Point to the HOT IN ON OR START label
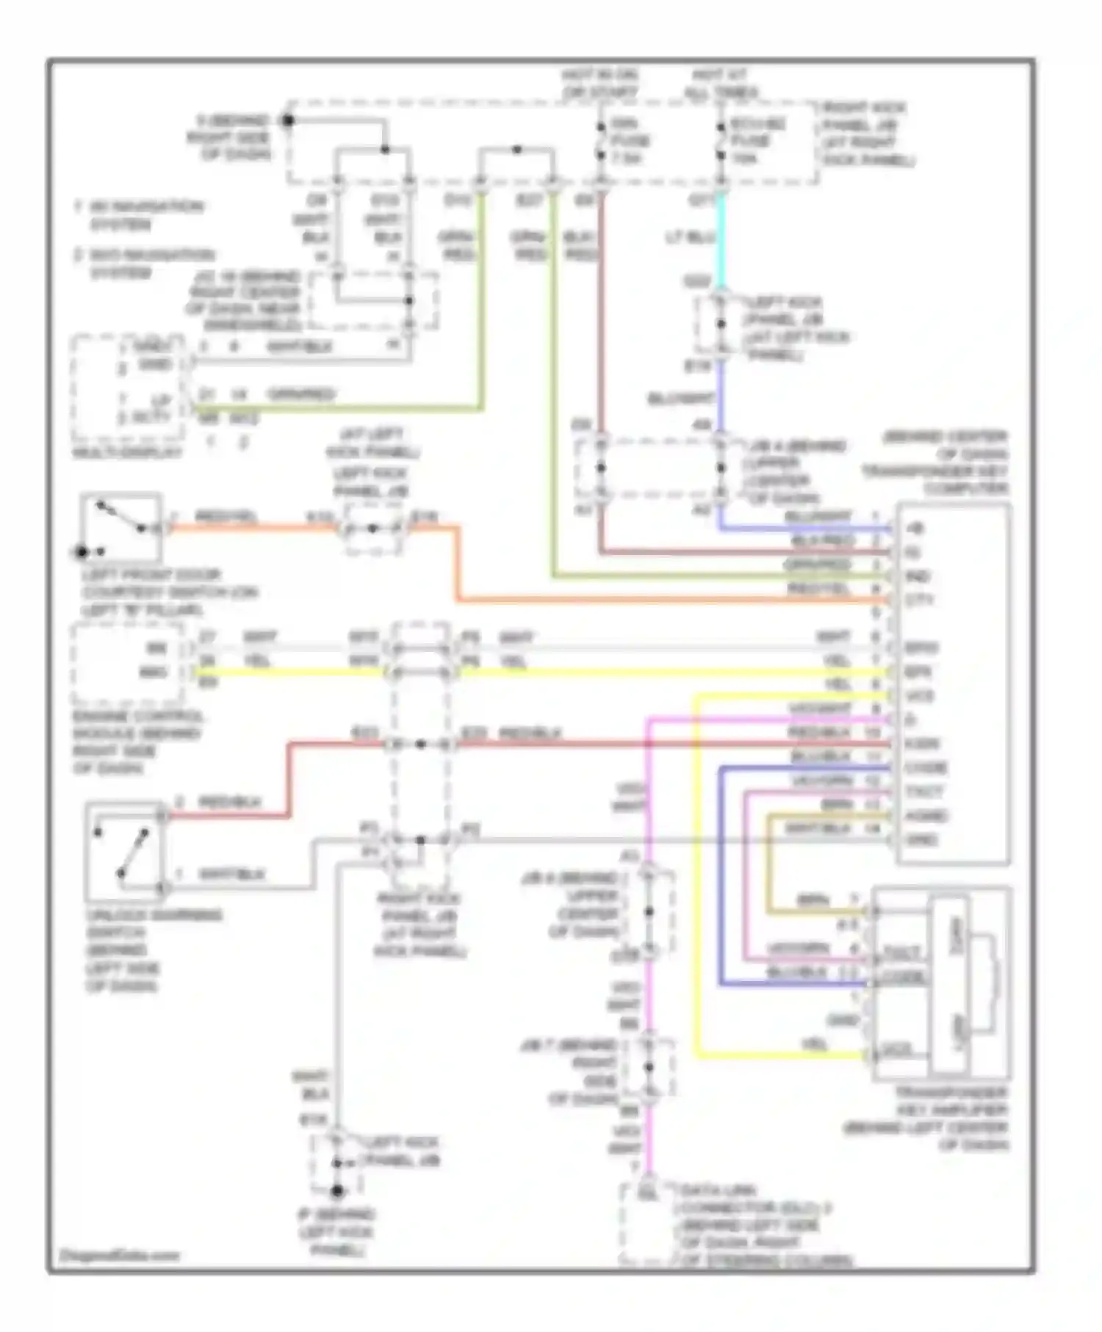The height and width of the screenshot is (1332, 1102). point(600,84)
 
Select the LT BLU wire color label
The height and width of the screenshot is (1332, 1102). point(690,238)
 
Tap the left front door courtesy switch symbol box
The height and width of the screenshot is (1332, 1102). point(121,526)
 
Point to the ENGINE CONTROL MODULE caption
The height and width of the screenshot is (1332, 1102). point(138,742)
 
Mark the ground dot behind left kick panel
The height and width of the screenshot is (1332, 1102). point(337,1190)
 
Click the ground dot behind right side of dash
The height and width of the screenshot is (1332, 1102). point(289,120)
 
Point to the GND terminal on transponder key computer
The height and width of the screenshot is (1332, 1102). point(922,839)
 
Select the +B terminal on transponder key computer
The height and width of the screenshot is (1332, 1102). point(915,528)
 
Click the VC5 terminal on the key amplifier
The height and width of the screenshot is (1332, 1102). point(897,1051)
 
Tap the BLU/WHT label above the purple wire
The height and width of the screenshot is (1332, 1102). point(681,399)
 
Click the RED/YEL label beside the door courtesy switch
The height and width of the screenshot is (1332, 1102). point(226,518)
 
